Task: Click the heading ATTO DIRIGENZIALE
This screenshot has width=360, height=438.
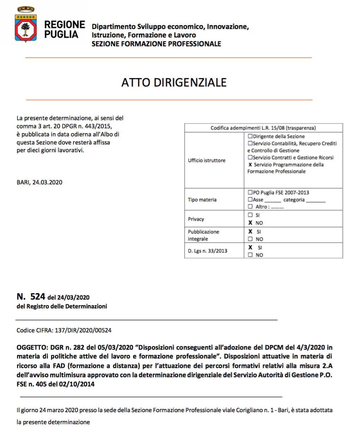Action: (174, 83)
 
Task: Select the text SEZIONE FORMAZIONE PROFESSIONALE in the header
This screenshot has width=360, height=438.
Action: (156, 44)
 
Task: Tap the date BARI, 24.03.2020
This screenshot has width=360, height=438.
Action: (39, 182)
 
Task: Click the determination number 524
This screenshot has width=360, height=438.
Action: (38, 296)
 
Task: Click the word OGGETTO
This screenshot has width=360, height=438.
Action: (32, 347)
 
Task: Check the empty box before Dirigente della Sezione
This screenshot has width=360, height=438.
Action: (250, 136)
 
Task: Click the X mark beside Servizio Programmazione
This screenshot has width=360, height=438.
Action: (250, 164)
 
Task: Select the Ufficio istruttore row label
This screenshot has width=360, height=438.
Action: (207, 160)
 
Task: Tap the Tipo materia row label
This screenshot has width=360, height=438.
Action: (202, 200)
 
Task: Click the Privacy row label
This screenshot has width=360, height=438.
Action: (196, 219)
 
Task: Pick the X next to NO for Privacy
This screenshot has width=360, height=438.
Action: (250, 223)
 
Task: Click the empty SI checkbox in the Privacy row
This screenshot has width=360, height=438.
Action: (250, 215)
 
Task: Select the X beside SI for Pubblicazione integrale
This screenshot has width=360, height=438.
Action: (250, 232)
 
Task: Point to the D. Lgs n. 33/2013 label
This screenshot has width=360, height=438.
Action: (208, 251)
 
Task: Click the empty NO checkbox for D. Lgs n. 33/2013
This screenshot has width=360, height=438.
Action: (250, 255)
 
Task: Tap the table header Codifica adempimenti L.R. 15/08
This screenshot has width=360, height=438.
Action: (263, 128)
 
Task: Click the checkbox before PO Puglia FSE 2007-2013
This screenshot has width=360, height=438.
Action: (250, 192)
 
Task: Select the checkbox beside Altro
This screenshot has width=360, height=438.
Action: (250, 206)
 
